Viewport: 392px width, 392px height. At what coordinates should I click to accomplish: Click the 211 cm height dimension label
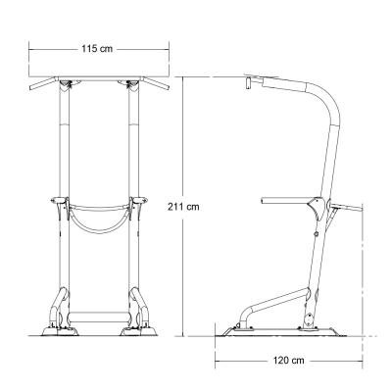coord(186,206)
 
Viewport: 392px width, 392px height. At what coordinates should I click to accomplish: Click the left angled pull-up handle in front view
coord(45,86)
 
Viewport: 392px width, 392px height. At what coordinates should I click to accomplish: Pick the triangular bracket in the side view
coord(315,208)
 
